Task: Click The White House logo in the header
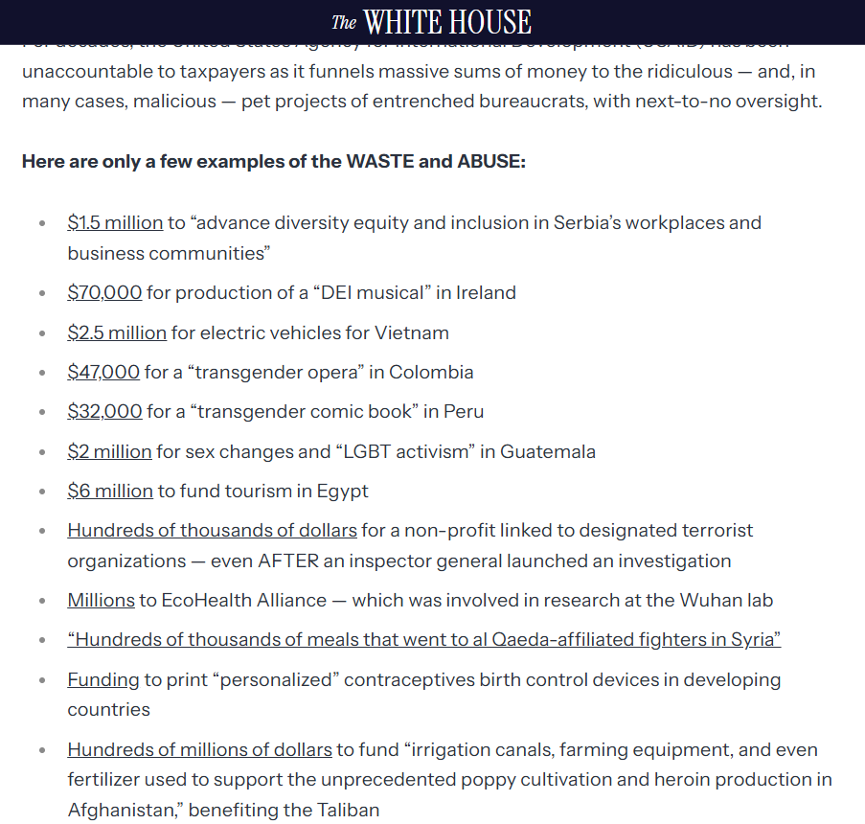pyautogui.click(x=432, y=22)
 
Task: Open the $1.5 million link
pyautogui.click(x=115, y=222)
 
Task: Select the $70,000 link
pyautogui.click(x=104, y=292)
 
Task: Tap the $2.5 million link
pyautogui.click(x=117, y=332)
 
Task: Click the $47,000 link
pyautogui.click(x=103, y=372)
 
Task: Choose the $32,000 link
pyautogui.click(x=104, y=412)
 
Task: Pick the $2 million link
pyautogui.click(x=109, y=451)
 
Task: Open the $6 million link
pyautogui.click(x=110, y=491)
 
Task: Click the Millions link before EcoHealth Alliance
pyautogui.click(x=101, y=600)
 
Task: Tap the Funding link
pyautogui.click(x=103, y=679)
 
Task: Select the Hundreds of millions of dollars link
pyautogui.click(x=199, y=749)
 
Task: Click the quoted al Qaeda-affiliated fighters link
pyautogui.click(x=423, y=639)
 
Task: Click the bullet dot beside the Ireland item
pyautogui.click(x=42, y=293)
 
